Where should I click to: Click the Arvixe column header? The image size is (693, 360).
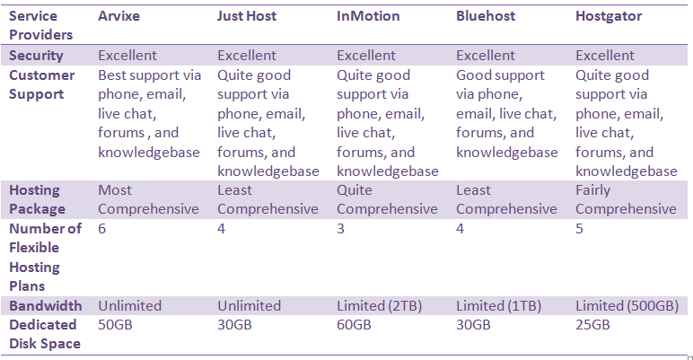(x=118, y=16)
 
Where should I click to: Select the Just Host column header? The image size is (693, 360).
(x=247, y=16)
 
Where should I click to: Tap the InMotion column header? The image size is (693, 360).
(x=368, y=16)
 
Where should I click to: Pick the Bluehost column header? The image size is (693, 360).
(x=486, y=16)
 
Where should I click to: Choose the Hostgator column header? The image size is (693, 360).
(x=609, y=16)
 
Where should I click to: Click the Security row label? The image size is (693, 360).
(x=36, y=56)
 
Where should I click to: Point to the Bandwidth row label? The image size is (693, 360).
(x=46, y=305)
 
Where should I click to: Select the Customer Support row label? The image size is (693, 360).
(x=41, y=84)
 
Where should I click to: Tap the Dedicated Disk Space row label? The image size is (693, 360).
(x=45, y=334)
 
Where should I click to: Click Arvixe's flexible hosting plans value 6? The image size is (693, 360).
(x=102, y=229)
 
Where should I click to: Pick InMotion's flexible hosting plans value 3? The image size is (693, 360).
(x=340, y=229)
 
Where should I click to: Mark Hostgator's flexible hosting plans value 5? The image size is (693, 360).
(x=579, y=229)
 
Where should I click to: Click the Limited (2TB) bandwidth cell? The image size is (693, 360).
(x=379, y=305)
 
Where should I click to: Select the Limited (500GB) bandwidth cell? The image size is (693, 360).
(x=627, y=305)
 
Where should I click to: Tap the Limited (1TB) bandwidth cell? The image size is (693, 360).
(x=498, y=305)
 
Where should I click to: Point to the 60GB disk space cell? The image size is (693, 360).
(x=354, y=325)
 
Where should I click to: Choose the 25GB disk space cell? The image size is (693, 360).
(x=592, y=325)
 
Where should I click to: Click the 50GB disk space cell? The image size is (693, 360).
(x=116, y=325)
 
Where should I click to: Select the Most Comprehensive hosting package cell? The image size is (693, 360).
(x=148, y=199)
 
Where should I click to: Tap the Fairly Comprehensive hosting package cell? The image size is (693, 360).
(x=626, y=199)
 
